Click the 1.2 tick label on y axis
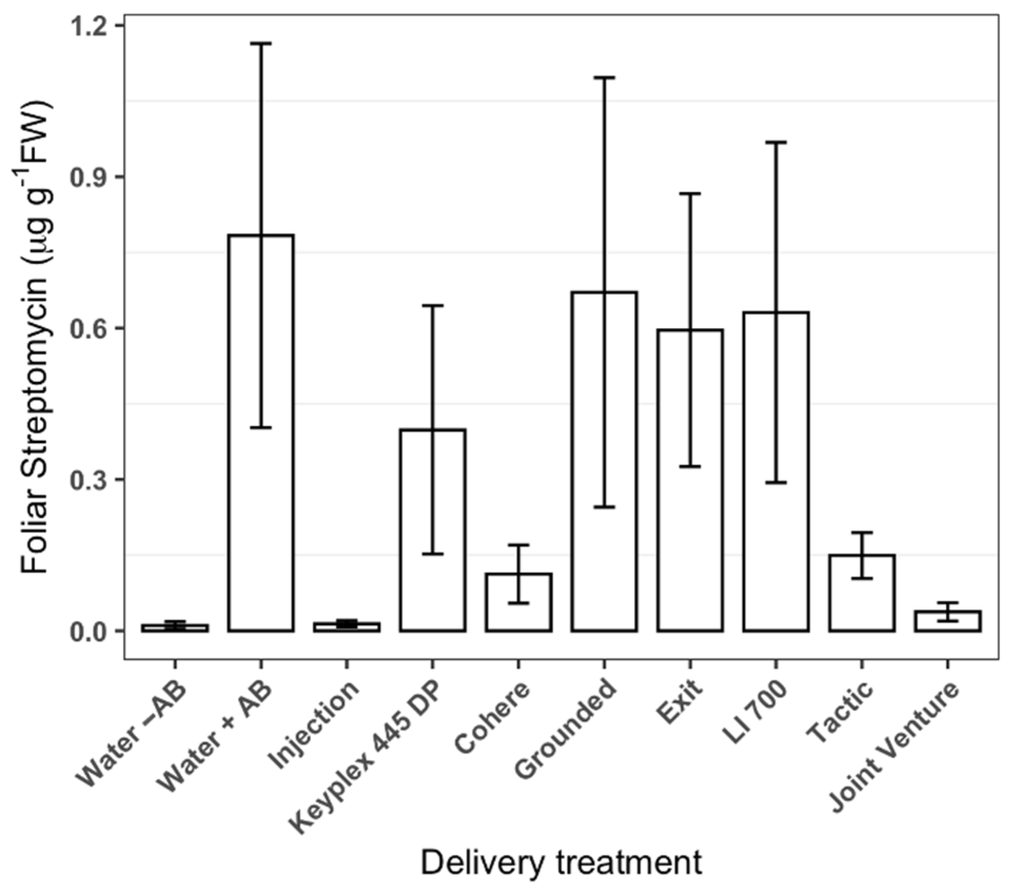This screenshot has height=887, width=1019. (89, 25)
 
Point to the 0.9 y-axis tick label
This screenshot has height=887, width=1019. (89, 177)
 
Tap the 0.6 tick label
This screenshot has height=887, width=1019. (89, 328)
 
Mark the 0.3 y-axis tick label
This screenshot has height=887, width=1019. (89, 479)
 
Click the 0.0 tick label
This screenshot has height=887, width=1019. (89, 631)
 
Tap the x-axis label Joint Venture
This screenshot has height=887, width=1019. (893, 748)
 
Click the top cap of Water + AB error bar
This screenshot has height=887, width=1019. (261, 43)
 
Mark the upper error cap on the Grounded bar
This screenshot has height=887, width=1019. (604, 77)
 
